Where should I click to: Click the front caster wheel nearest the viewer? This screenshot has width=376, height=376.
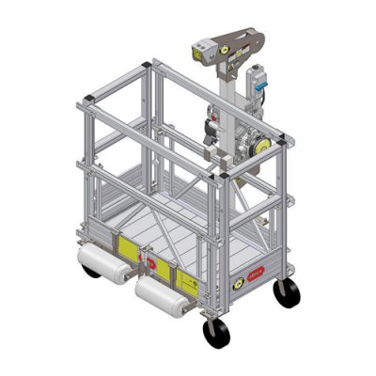[215, 333]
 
